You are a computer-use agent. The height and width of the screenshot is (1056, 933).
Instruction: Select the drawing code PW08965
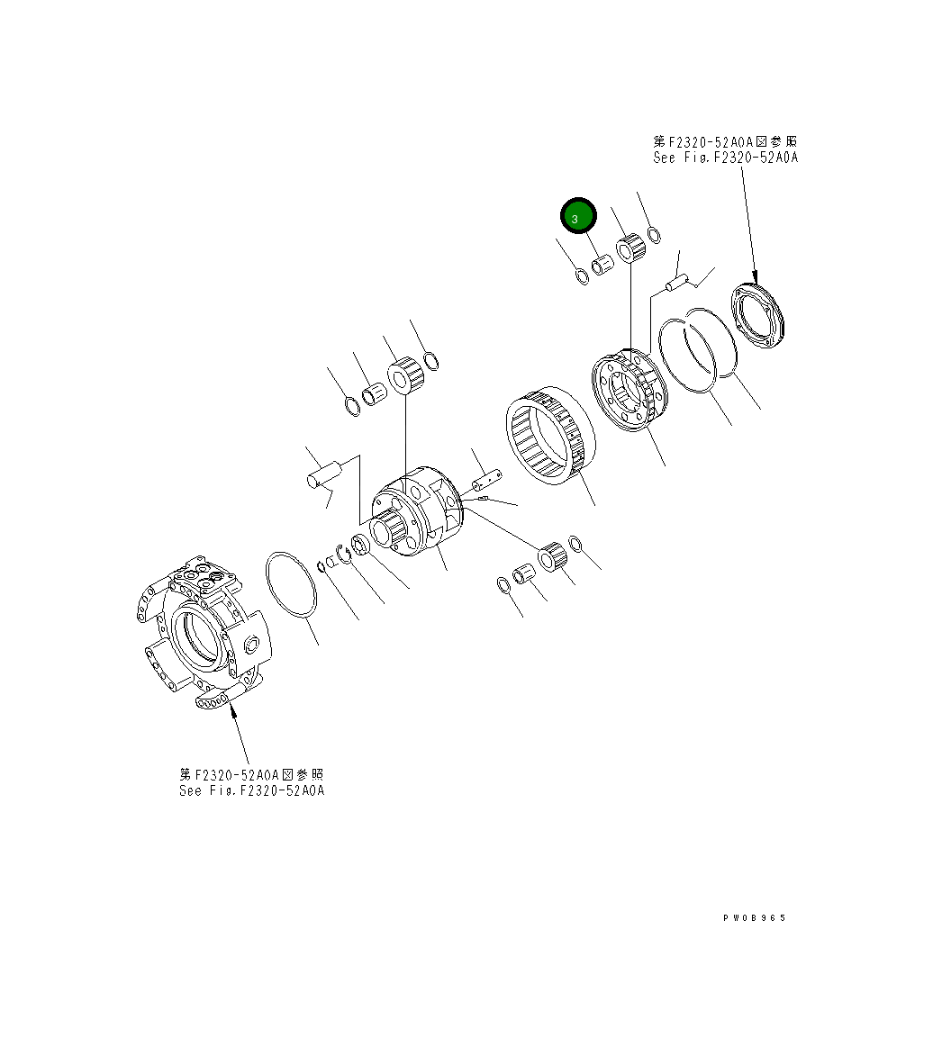click(754, 917)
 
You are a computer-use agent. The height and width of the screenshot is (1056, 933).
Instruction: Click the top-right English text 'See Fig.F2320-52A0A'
click(726, 157)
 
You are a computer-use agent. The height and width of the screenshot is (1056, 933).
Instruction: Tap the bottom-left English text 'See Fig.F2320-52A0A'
click(251, 790)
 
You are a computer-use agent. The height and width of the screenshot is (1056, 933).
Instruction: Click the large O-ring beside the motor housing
click(291, 585)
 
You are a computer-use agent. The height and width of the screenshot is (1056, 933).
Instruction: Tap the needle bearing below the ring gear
click(553, 557)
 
